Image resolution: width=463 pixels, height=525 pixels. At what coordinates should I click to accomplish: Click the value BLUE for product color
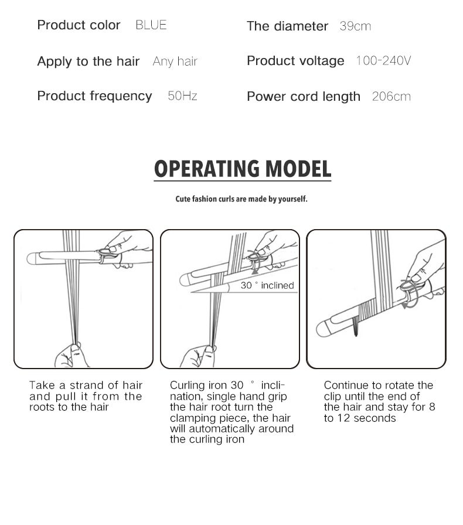coord(151,25)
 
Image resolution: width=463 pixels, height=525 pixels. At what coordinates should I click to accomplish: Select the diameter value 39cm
coord(355,26)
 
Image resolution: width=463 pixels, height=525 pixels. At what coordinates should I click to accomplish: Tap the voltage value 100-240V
coord(383,61)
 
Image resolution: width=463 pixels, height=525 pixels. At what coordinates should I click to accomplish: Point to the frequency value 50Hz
coord(182,96)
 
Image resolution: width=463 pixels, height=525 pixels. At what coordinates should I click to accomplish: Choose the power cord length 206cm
coord(391,97)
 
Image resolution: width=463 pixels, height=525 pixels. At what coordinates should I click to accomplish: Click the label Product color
coord(79,25)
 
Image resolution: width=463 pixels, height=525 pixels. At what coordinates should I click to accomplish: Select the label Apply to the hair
coord(88,62)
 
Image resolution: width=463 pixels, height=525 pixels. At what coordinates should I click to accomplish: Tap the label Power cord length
coord(303,97)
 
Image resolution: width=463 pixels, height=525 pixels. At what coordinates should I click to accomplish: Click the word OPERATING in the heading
coord(207,169)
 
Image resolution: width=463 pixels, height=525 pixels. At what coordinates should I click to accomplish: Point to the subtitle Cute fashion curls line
coord(241,199)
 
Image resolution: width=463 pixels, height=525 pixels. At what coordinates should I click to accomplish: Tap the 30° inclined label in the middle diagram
coord(267,285)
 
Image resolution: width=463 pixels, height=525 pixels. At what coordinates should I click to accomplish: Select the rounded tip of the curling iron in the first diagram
coord(33,258)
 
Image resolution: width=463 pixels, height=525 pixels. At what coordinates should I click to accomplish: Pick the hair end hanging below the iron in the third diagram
coord(355,330)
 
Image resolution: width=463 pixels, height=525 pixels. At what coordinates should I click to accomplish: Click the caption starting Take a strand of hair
coord(86,396)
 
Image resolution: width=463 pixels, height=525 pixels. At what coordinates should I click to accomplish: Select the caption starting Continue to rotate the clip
coord(379,401)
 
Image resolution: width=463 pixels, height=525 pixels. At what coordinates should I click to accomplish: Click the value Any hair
coord(175,62)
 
